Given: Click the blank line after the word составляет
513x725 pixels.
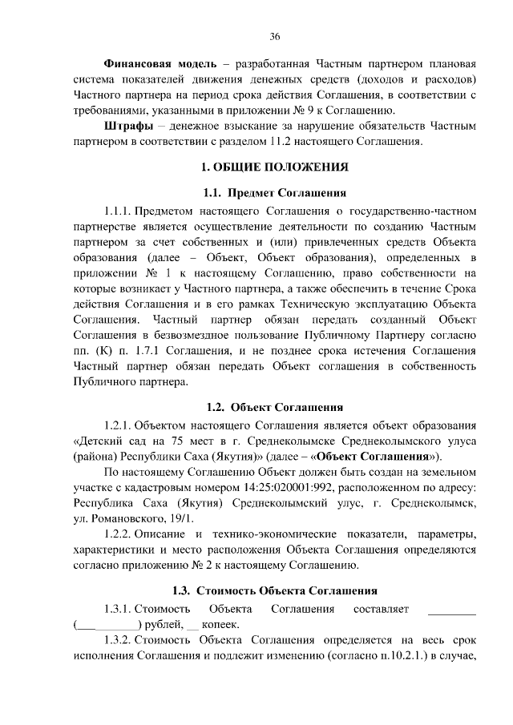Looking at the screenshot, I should click(x=452, y=610).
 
